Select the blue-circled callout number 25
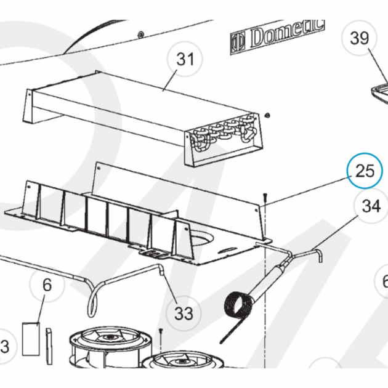pyautogui.click(x=365, y=170)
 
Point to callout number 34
pyautogui.click(x=371, y=207)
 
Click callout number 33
pyautogui.click(x=184, y=313)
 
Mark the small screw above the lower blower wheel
pyautogui.click(x=160, y=333)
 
